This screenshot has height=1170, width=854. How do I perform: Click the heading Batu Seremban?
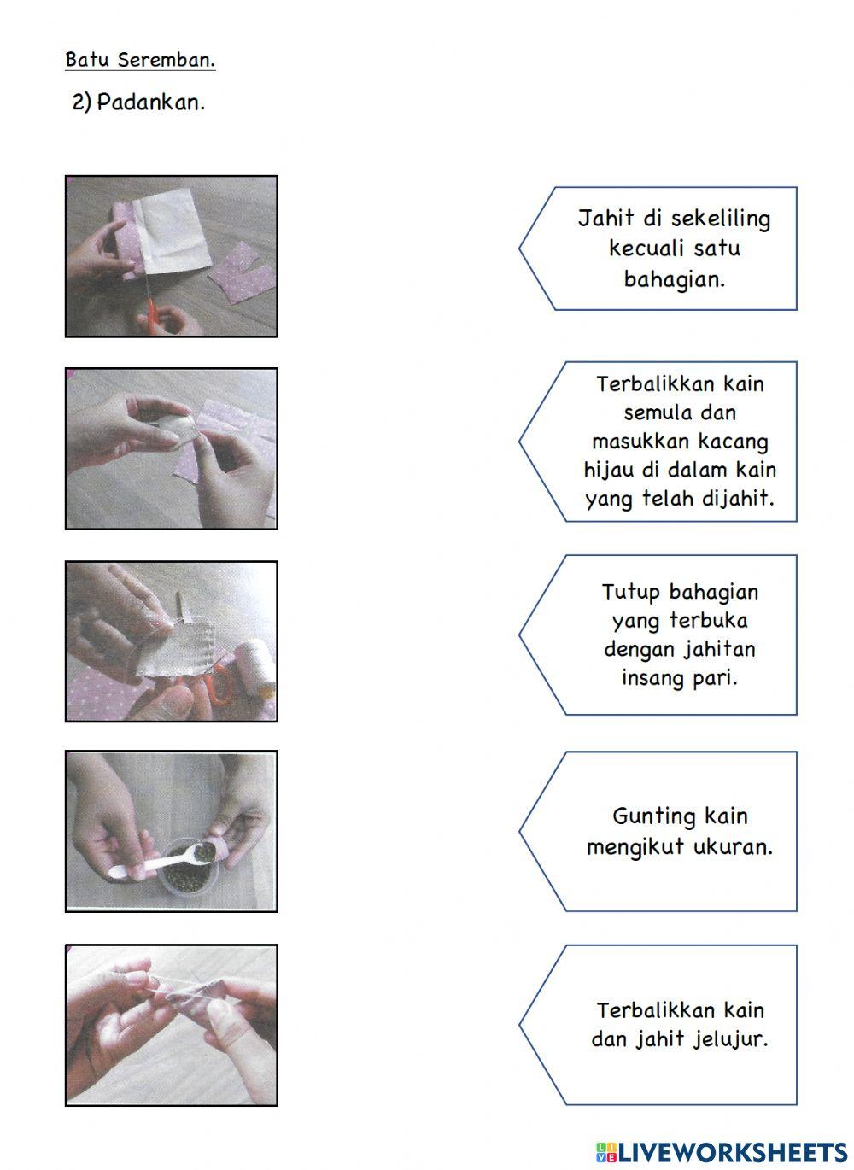(x=140, y=60)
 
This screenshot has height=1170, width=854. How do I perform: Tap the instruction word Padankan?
(x=150, y=102)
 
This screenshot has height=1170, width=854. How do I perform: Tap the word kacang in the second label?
(x=734, y=442)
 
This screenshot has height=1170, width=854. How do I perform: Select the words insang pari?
(x=679, y=678)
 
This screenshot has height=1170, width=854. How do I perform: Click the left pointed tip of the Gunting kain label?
(x=521, y=831)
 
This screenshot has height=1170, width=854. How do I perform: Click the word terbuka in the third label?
(x=708, y=621)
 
